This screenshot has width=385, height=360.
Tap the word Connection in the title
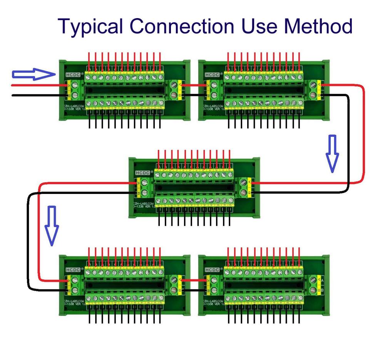181,27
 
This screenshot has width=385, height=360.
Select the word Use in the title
259,27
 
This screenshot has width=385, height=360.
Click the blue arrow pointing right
34,74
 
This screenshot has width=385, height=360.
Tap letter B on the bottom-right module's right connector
322,289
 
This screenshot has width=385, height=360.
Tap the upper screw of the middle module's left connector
145,183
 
